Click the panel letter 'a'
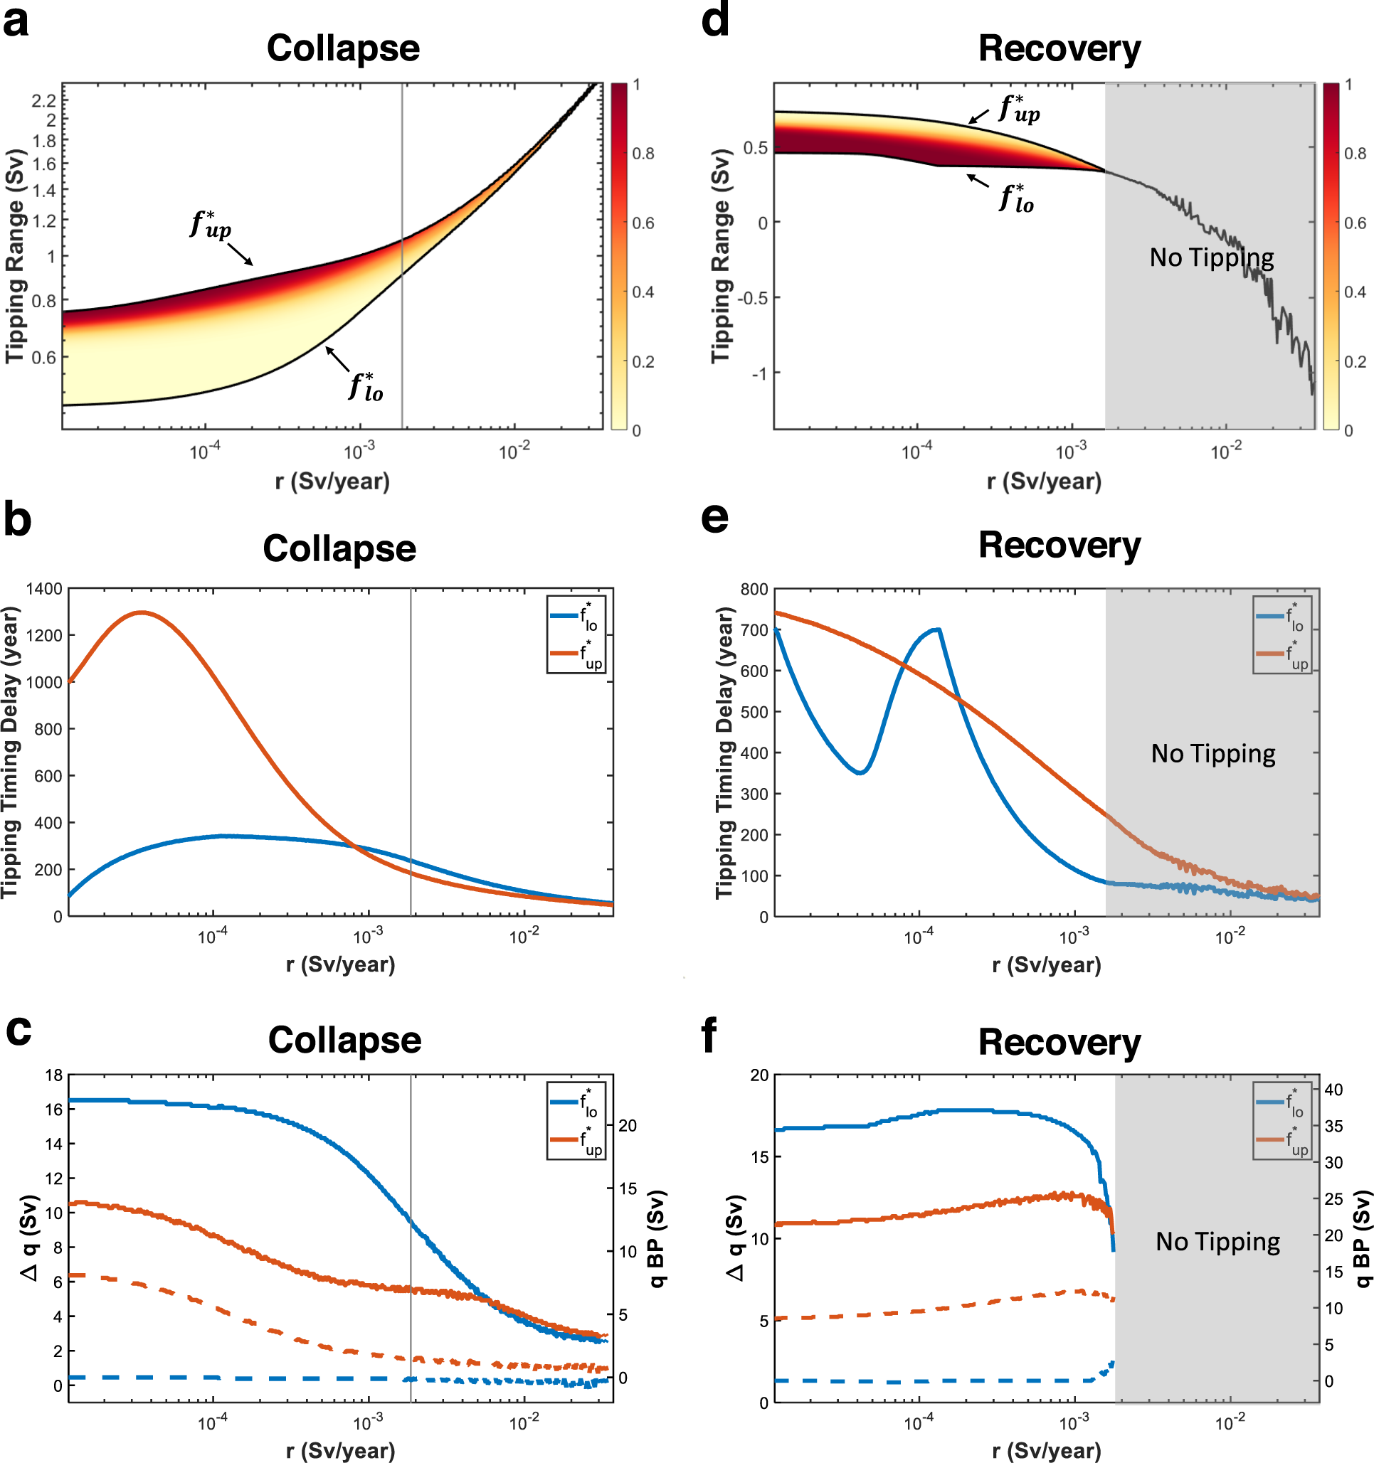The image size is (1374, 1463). click(x=16, y=22)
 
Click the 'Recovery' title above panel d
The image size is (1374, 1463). click(x=1059, y=49)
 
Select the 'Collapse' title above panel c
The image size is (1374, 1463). click(x=344, y=1040)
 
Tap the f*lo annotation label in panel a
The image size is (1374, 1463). click(x=366, y=386)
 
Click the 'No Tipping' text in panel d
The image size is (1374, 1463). click(x=1211, y=257)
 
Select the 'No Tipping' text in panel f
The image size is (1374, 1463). click(x=1217, y=1242)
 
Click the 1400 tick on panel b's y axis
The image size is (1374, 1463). click(x=44, y=589)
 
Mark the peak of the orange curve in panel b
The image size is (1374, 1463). click(x=141, y=612)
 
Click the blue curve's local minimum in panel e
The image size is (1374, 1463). click(x=860, y=772)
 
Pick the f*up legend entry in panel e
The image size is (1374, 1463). click(x=1282, y=654)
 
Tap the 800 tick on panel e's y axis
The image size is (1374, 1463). click(x=754, y=590)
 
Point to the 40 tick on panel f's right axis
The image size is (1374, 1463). click(x=1333, y=1089)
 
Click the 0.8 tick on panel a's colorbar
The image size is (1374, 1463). click(x=643, y=153)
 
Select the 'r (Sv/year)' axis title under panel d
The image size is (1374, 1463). click(x=1043, y=482)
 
